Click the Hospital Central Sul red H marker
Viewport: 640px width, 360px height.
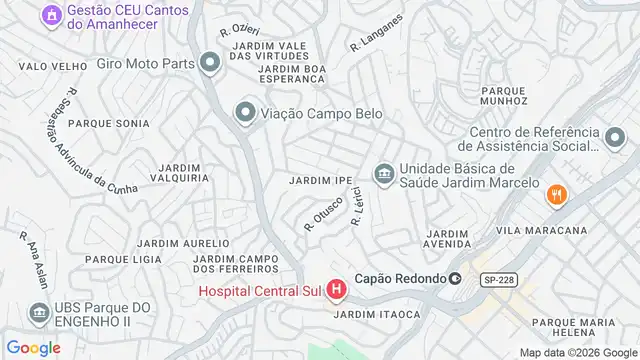click(336, 291)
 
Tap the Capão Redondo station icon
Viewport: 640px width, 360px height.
click(455, 279)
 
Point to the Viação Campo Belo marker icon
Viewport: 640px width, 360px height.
click(244, 113)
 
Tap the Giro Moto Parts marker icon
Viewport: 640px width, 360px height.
click(209, 65)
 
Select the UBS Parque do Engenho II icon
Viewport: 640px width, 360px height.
click(39, 314)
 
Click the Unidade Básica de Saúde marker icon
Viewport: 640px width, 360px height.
click(382, 175)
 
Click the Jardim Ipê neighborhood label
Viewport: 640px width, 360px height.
click(320, 181)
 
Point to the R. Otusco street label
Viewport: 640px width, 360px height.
click(323, 215)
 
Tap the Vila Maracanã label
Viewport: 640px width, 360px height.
click(541, 231)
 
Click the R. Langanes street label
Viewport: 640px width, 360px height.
click(376, 33)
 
